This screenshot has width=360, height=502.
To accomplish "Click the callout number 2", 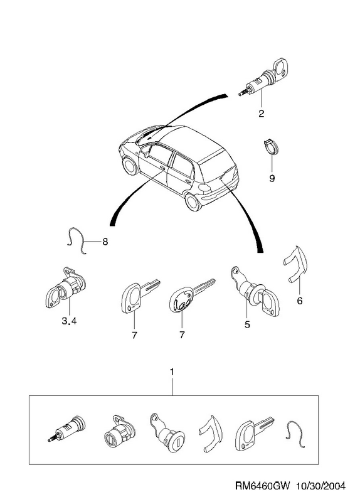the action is [261, 114].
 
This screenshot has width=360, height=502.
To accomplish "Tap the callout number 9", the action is [272, 178].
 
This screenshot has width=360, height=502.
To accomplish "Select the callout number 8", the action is [105, 242].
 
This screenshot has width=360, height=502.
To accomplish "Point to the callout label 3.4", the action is [69, 321].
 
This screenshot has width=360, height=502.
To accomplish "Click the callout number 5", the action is [247, 324].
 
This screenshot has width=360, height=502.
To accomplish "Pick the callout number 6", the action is [300, 301].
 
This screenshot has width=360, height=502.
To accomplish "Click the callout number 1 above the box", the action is [172, 372].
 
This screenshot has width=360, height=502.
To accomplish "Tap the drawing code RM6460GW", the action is [262, 486].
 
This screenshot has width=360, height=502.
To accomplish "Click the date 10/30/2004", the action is [321, 486].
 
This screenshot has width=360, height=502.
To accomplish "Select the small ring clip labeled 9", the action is [272, 147].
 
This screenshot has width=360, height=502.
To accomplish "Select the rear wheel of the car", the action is [193, 201].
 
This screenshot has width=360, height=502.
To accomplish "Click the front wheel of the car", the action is [130, 166].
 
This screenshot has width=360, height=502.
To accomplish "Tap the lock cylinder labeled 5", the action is [255, 291].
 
